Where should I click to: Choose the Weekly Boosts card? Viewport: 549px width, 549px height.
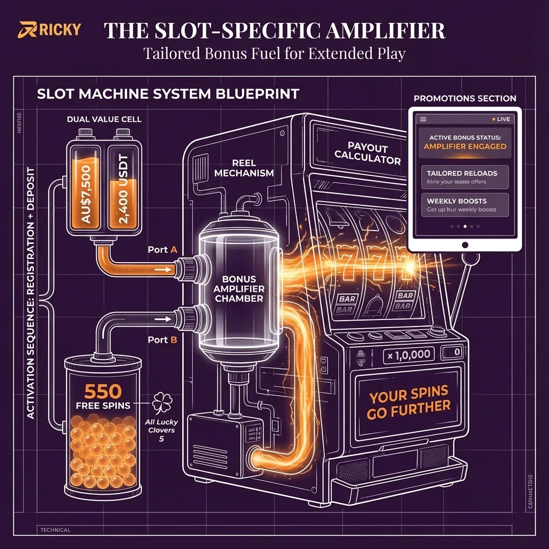coord(464,205)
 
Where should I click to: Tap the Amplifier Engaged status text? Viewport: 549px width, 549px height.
coord(464,146)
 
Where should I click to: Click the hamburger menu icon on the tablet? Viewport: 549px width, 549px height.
coord(422,119)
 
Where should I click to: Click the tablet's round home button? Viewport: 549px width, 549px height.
coord(465,244)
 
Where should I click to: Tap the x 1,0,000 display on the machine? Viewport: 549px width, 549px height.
coord(407,354)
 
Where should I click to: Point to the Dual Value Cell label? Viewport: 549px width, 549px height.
coord(105,119)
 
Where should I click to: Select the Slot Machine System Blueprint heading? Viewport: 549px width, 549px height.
coord(168,94)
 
